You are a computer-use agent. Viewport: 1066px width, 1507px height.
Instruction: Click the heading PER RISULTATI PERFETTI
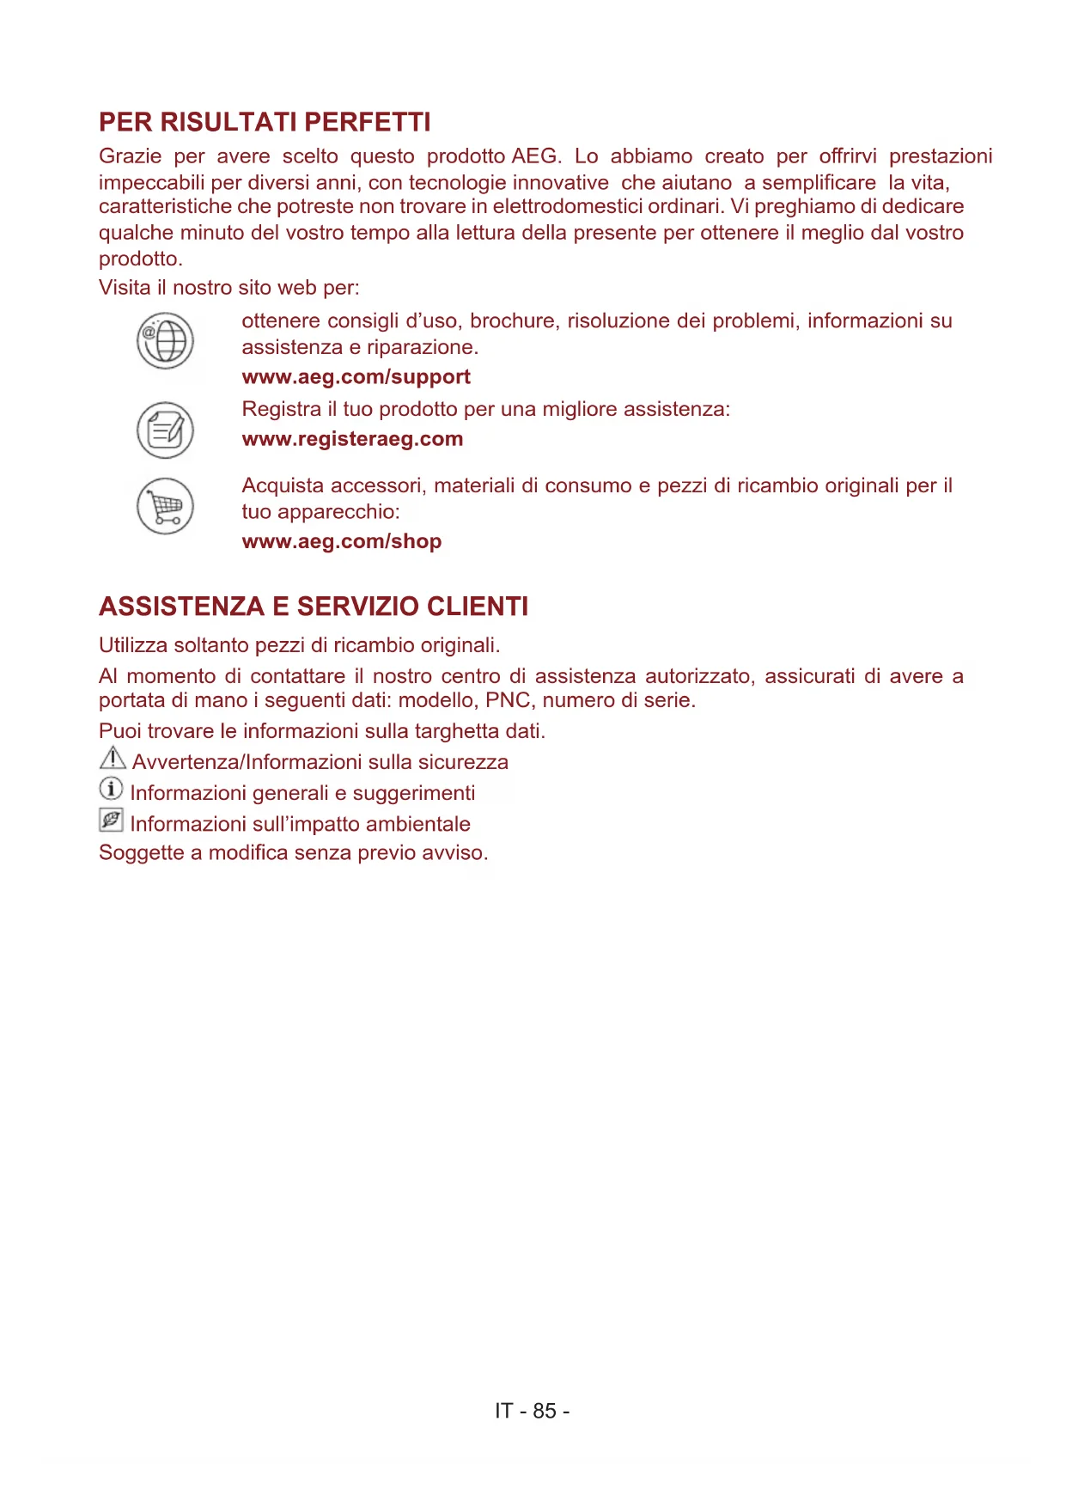click(x=265, y=122)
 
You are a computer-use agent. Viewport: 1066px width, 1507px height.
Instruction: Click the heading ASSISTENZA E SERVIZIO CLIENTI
click(x=314, y=607)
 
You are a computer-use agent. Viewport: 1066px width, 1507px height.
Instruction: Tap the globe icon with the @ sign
click(x=165, y=341)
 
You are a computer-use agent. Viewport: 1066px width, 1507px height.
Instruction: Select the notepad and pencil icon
click(x=165, y=430)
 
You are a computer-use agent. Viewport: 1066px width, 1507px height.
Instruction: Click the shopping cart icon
click(x=165, y=506)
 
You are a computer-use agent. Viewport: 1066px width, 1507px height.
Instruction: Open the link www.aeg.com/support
click(x=356, y=377)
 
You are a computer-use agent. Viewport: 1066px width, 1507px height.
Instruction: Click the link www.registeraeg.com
click(x=352, y=439)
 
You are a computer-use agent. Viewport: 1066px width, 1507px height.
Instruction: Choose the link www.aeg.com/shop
click(x=342, y=541)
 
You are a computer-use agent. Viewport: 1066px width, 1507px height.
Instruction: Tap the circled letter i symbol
click(x=111, y=788)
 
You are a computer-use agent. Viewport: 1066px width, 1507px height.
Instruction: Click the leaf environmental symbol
click(x=111, y=820)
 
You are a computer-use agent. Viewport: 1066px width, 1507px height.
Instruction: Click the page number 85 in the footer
click(x=545, y=1411)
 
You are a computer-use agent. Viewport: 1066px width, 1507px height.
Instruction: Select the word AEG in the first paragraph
click(x=535, y=156)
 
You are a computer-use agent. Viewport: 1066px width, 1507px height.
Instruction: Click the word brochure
click(x=512, y=321)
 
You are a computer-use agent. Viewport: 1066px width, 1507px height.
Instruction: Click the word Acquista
click(x=283, y=485)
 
